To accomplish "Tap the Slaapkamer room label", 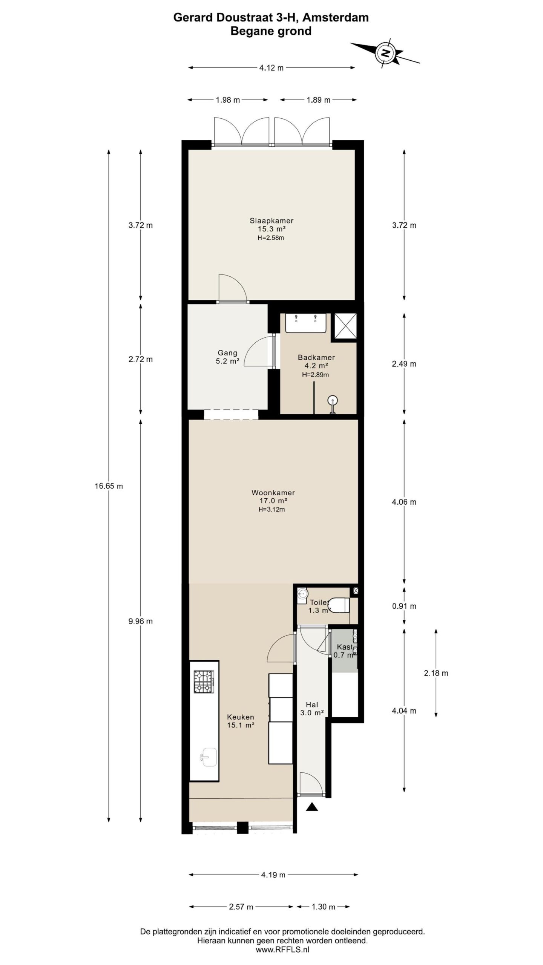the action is [271, 221].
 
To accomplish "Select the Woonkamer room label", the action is [273, 493].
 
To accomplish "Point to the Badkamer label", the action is [316, 357].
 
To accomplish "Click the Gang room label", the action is [227, 353].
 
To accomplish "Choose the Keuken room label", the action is [240, 717].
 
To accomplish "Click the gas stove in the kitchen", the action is [204, 682].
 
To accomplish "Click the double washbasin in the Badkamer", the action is [305, 323].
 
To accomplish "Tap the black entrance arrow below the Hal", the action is [312, 806].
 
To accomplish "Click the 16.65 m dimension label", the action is [109, 486].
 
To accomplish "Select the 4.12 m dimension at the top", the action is [271, 68].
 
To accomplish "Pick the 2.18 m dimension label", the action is [436, 673].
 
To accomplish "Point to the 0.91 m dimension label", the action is [404, 606].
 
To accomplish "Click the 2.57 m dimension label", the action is [241, 907].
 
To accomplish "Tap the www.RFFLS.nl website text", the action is [282, 950].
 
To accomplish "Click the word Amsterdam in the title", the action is [336, 17].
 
